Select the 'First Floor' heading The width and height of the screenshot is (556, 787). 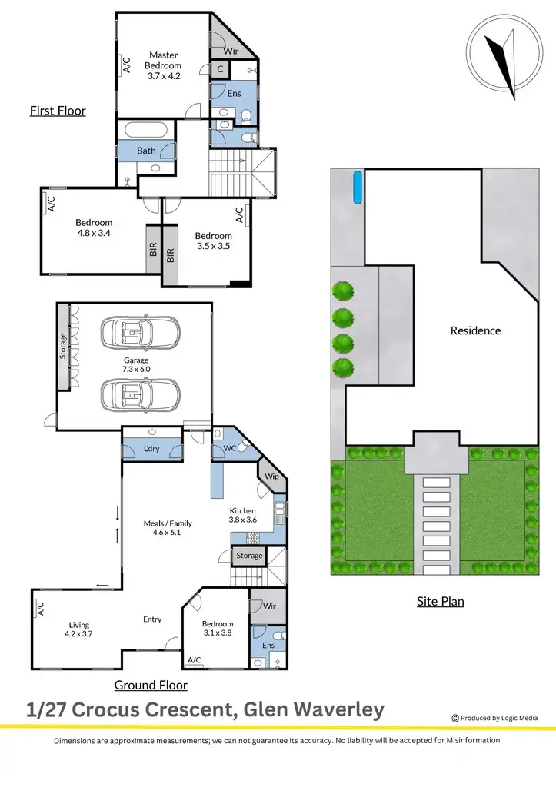58,111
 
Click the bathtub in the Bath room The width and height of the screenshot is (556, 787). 147,130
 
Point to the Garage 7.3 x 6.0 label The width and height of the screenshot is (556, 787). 135,365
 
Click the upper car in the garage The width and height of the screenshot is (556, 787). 140,333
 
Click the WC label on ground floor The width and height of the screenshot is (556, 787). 229,448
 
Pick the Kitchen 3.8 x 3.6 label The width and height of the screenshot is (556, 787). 248,515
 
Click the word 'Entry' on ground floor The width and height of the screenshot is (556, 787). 152,619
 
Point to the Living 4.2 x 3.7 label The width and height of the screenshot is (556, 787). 80,629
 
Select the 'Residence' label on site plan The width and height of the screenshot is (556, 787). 475,330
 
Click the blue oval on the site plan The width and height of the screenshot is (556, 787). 357,188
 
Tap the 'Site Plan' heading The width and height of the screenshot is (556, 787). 441,601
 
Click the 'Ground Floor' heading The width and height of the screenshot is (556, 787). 151,685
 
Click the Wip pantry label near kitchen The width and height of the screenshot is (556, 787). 271,477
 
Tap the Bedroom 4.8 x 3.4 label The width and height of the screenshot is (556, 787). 94,227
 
